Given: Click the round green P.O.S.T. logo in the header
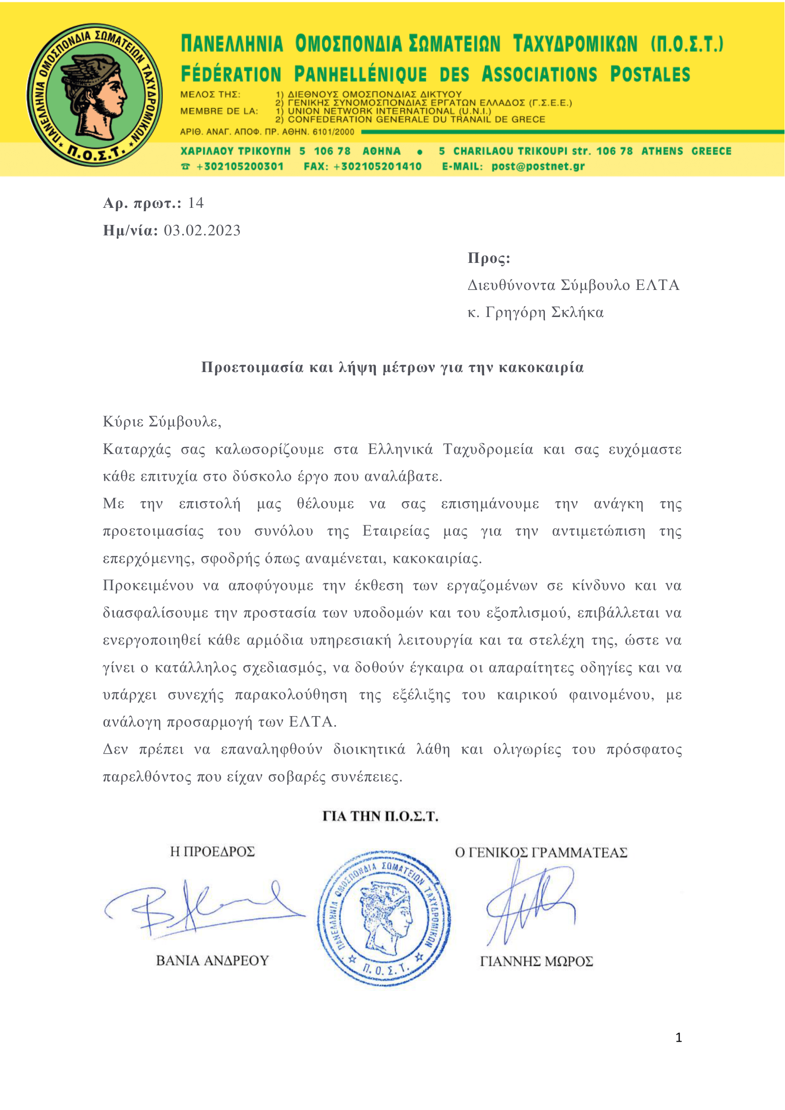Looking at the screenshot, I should click(94, 95).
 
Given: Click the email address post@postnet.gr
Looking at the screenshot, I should click(538, 167).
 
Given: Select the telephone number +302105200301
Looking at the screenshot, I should click(239, 167).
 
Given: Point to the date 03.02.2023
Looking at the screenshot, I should click(202, 231).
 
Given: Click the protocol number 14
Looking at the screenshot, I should click(196, 203).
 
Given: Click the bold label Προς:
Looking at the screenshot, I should click(489, 258).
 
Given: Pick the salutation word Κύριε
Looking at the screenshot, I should click(123, 422).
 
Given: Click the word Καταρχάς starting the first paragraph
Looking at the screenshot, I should click(137, 449).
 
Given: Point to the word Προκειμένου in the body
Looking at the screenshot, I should click(148, 586).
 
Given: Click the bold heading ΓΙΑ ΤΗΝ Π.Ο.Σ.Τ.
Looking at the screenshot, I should click(381, 817).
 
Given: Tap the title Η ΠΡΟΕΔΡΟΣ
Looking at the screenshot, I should click(212, 852).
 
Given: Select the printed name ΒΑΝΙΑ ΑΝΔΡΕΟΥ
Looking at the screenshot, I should click(212, 961).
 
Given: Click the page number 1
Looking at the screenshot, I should click(678, 1037).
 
